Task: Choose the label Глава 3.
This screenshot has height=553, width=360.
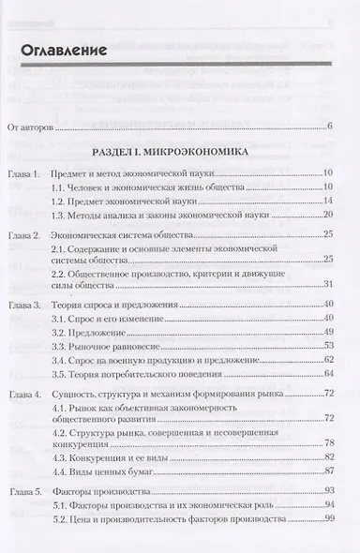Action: pyautogui.click(x=25, y=305)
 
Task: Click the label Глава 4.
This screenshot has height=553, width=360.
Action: pyautogui.click(x=25, y=397)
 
